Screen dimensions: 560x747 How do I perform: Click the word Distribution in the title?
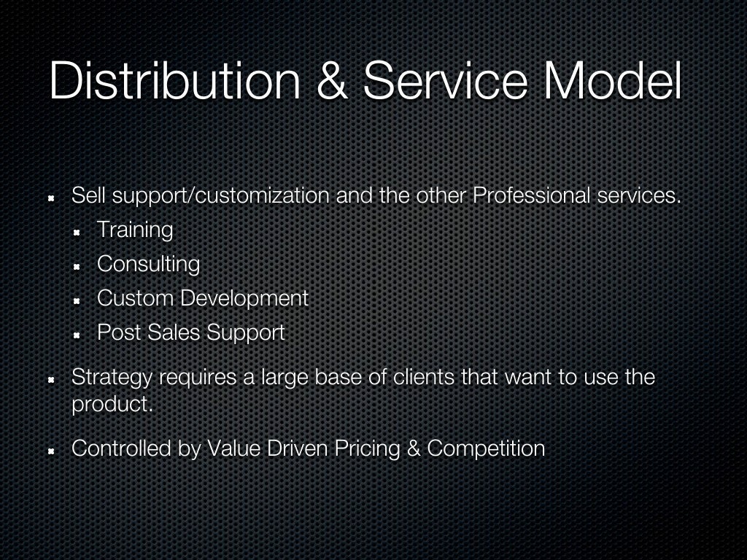click(x=174, y=81)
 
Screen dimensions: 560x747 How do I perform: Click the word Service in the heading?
click(x=446, y=81)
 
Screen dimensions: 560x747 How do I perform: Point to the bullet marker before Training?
click(x=77, y=232)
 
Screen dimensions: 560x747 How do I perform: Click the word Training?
click(x=135, y=230)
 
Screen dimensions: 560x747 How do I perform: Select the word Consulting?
click(x=148, y=264)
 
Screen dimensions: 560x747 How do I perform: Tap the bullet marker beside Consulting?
click(x=77, y=266)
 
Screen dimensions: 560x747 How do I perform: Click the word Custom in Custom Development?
click(x=135, y=298)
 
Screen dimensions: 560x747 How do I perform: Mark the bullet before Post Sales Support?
click(x=77, y=335)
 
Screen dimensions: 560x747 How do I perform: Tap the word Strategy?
click(x=112, y=378)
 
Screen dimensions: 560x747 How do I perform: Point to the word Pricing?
click(x=367, y=448)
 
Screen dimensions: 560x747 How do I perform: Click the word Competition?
click(x=486, y=448)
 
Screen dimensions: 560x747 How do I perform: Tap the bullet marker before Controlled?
click(x=52, y=451)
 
